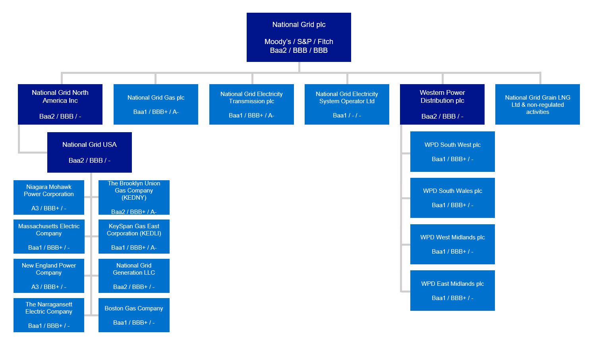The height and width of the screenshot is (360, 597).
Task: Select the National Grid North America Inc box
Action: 60,104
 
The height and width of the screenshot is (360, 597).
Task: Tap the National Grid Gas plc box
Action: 156,104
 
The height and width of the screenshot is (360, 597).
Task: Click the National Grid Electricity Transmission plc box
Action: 251,104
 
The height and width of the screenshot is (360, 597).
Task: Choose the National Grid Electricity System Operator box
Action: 347,104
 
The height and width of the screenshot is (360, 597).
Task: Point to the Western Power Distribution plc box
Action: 442,104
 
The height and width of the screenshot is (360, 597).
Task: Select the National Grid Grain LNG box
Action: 537,104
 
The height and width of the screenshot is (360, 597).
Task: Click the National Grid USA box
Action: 89,152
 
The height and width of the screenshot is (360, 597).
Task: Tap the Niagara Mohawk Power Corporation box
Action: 49,197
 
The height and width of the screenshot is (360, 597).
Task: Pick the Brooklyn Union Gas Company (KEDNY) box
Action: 134,197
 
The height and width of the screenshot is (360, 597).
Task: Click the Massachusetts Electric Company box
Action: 49,237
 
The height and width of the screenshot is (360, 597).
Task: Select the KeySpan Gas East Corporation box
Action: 134,237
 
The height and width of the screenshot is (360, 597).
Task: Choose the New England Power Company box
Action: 49,276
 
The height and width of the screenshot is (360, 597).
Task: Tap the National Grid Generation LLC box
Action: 134,276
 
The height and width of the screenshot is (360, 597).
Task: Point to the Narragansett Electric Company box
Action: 49,315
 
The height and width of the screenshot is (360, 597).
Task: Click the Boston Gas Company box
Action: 134,315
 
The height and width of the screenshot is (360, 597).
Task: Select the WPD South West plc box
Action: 452,152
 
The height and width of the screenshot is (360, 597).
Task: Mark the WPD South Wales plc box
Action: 452,198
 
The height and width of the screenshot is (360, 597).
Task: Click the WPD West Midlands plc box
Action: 452,244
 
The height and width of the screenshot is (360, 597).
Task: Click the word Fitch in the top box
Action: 325,42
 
